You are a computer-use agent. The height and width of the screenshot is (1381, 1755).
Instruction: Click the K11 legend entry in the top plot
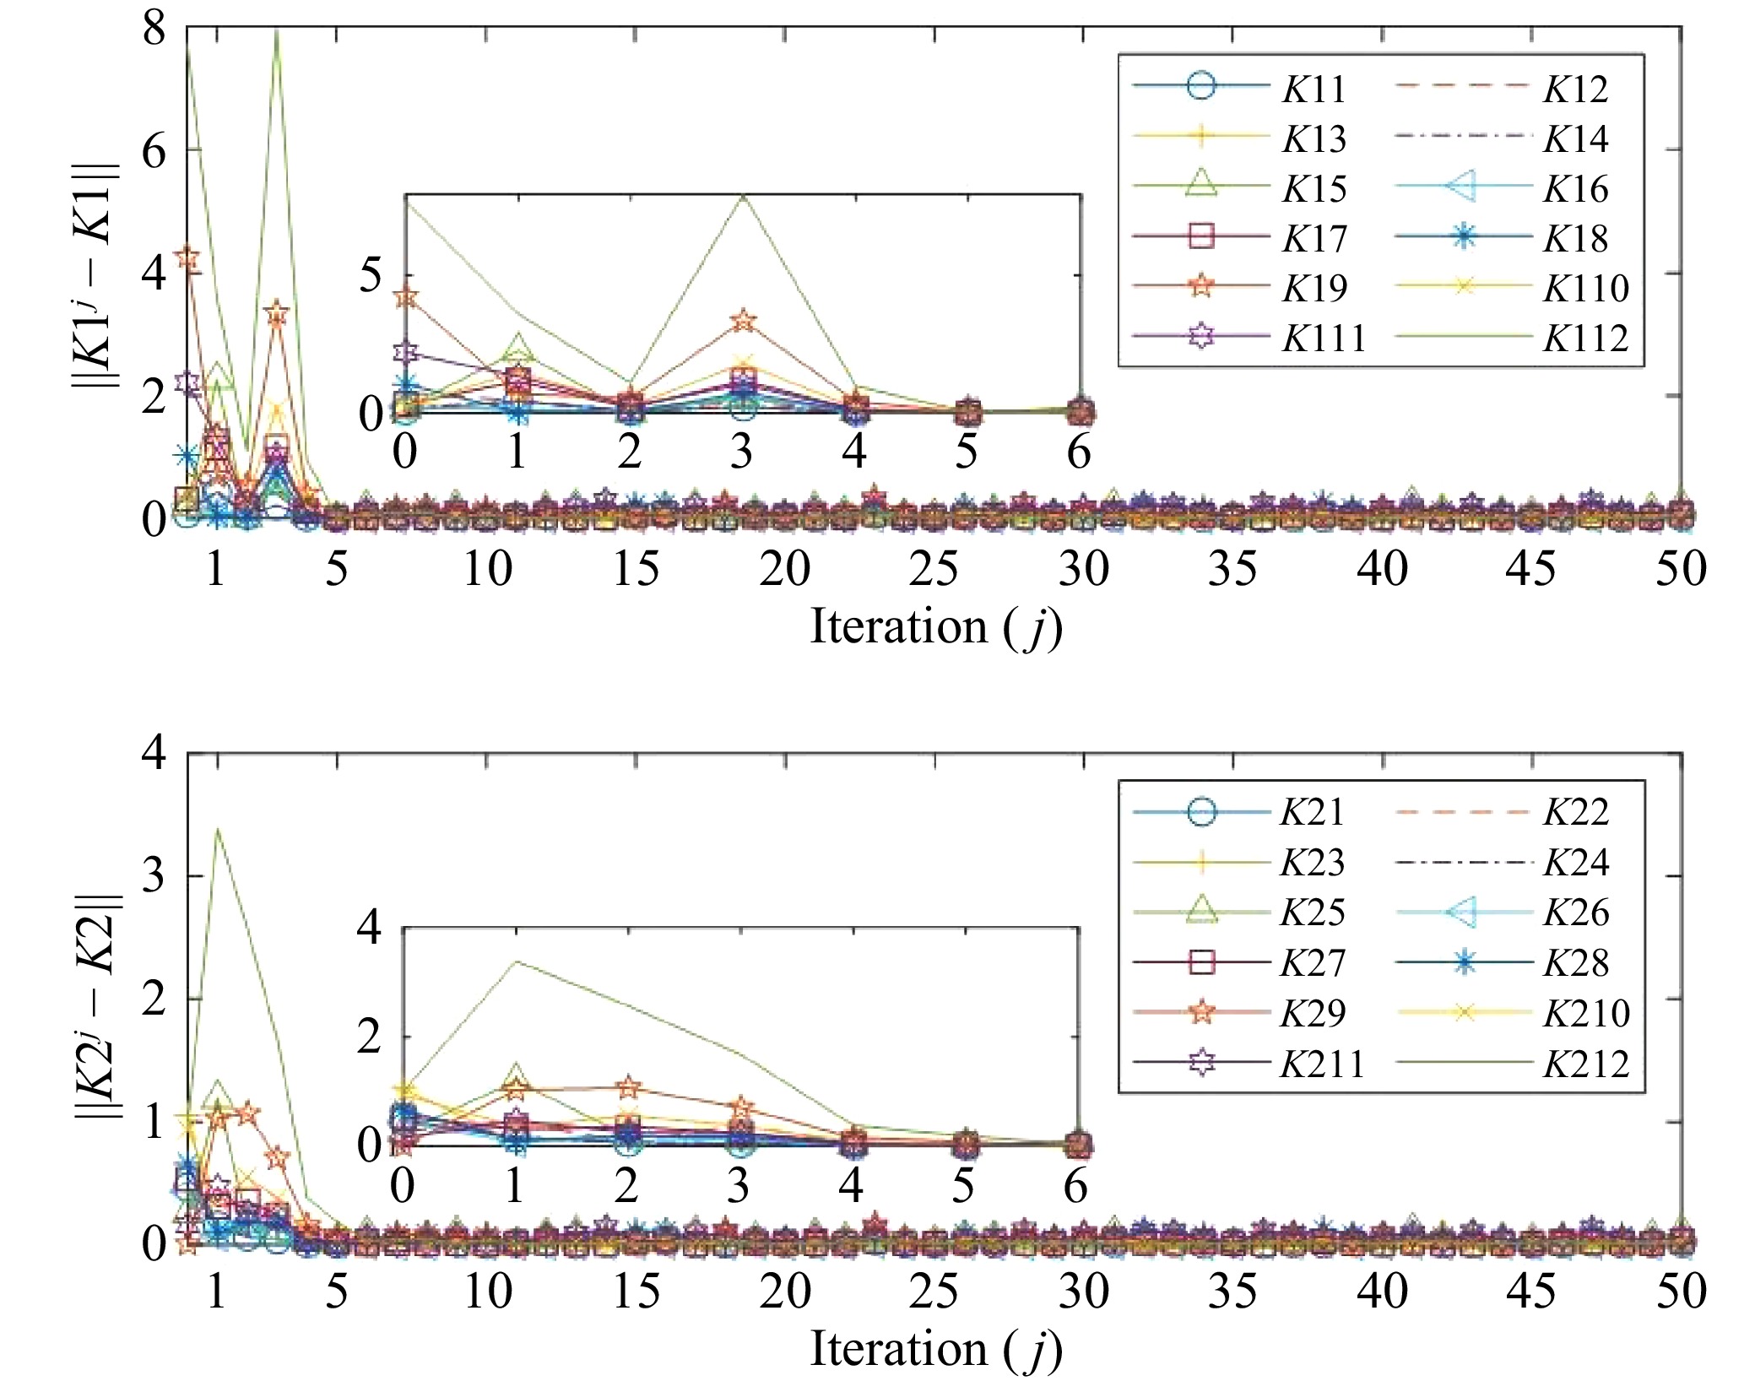pos(1314,89)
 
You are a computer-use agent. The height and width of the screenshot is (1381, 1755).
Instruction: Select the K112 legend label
pos(1585,338)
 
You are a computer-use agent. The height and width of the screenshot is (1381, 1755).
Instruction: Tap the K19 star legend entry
pos(1314,288)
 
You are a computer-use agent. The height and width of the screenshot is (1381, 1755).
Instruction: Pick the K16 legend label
pos(1575,188)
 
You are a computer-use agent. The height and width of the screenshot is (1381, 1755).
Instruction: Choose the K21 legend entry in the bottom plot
pos(1312,811)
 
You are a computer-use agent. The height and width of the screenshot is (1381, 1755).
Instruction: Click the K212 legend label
pos(1585,1064)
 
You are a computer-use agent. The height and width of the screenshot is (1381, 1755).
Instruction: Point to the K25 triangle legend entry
pos(1312,913)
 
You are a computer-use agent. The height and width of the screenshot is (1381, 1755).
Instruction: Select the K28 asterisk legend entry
pos(1575,963)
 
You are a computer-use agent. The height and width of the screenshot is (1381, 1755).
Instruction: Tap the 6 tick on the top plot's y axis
pos(154,151)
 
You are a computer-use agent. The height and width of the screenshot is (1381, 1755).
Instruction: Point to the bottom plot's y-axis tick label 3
pos(154,876)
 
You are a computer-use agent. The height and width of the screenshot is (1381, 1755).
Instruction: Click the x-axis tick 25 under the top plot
pos(934,568)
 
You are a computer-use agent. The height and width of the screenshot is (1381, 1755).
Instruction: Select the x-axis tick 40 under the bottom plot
pos(1382,1291)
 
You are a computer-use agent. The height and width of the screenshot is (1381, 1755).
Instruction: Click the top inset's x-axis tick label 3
pos(741,452)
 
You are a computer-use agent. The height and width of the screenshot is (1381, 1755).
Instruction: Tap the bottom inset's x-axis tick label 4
pos(851,1185)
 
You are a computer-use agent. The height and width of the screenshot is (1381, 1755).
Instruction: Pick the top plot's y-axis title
pos(95,274)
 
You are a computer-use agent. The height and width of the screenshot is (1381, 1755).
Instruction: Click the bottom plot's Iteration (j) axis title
pos(935,1348)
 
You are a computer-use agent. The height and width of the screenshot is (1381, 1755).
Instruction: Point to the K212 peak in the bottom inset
pos(515,961)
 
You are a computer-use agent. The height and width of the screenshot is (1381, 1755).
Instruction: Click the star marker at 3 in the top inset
pos(743,321)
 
